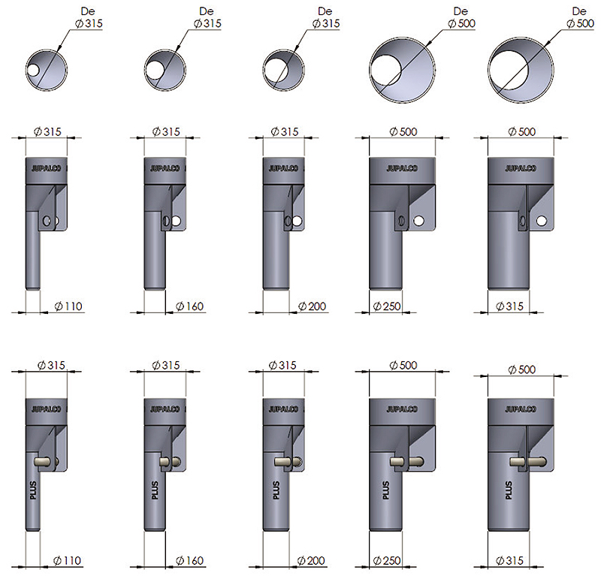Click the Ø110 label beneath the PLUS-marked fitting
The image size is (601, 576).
pyautogui.click(x=68, y=561)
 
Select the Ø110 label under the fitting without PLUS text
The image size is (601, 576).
pyautogui.click(x=68, y=306)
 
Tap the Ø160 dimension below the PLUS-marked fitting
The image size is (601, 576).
pyautogui.click(x=190, y=561)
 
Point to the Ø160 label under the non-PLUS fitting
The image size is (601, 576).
pyautogui.click(x=190, y=306)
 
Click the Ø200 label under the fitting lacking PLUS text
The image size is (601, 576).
pyautogui.click(x=312, y=306)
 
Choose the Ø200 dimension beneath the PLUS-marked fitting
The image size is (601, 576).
pyautogui.click(x=311, y=561)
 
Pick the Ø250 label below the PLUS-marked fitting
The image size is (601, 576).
pyautogui.click(x=387, y=561)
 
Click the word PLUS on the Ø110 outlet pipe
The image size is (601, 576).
pyautogui.click(x=33, y=490)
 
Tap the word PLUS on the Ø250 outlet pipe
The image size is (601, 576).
pyautogui.click(x=385, y=490)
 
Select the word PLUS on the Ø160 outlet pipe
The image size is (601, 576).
pyautogui.click(x=155, y=490)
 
